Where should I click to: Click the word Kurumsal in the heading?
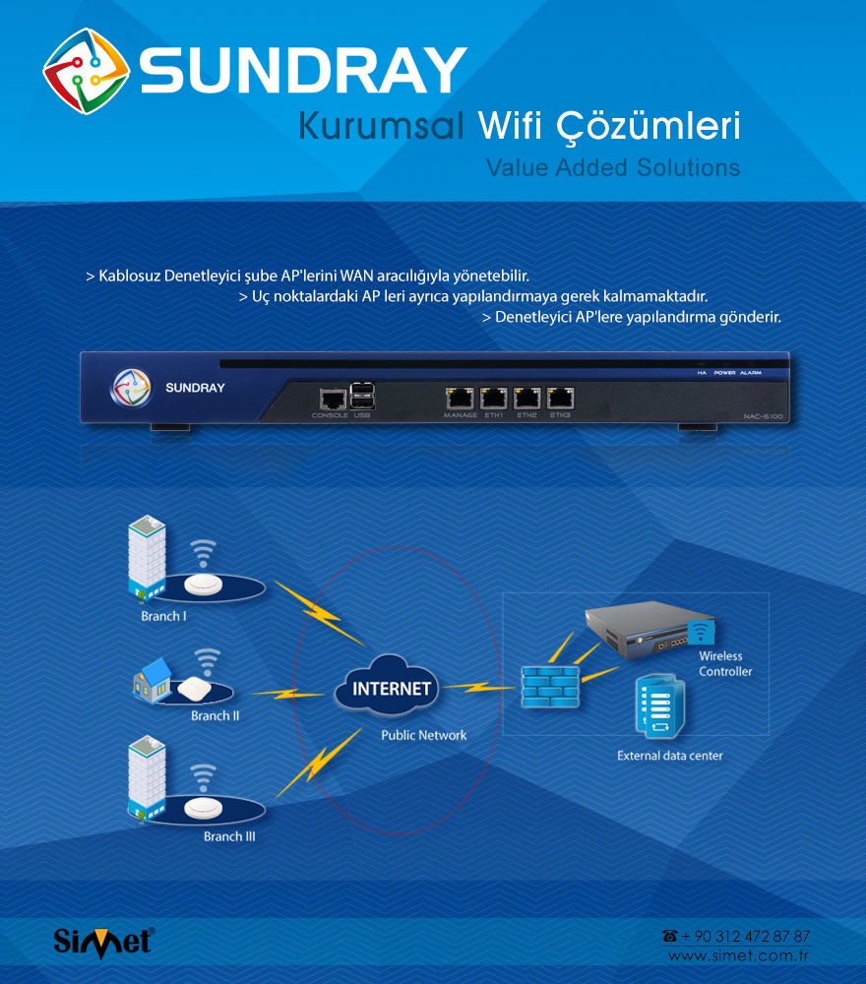click(x=380, y=126)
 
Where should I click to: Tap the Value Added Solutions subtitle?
click(x=612, y=167)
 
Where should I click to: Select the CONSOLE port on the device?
click(x=331, y=399)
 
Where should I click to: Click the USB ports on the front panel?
click(x=361, y=396)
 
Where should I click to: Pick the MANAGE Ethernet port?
click(x=460, y=399)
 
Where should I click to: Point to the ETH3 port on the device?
click(x=560, y=399)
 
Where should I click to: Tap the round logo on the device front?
click(x=130, y=387)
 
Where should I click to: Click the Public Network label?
click(x=424, y=735)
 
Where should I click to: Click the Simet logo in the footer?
click(x=103, y=939)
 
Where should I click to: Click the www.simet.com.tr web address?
click(x=738, y=956)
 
